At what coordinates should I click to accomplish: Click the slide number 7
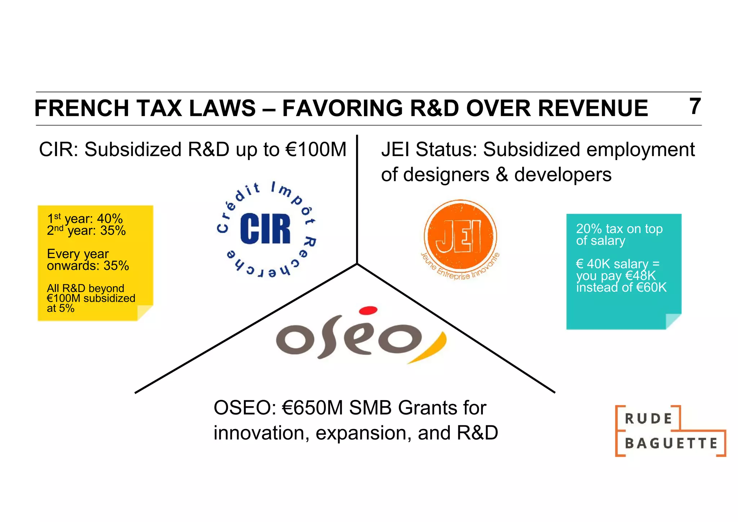click(695, 107)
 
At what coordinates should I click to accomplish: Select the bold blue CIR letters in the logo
click(265, 229)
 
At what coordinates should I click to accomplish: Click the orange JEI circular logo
click(460, 236)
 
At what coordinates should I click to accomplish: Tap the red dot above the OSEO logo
click(368, 310)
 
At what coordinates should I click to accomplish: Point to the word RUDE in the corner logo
click(648, 419)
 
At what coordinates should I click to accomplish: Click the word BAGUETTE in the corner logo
click(671, 443)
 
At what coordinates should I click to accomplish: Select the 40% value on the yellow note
click(110, 218)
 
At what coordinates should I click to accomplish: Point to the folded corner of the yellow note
click(145, 313)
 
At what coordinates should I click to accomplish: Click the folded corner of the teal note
click(673, 321)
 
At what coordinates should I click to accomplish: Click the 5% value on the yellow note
click(67, 308)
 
